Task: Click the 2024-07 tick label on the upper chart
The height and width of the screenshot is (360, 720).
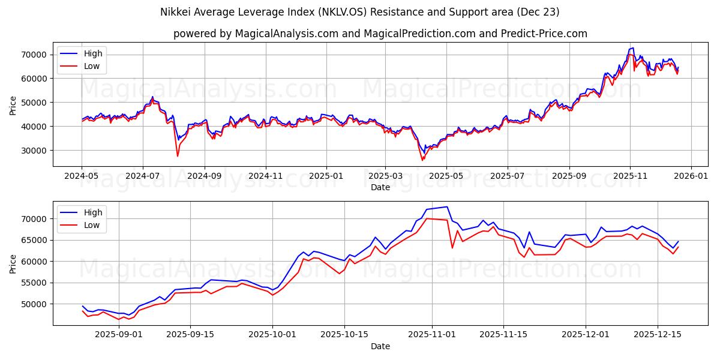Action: [143, 176]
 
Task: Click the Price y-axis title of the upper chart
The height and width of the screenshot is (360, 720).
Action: [13, 105]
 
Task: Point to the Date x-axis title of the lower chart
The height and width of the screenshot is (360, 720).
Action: [380, 346]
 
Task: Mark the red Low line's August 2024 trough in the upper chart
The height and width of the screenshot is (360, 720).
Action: [178, 156]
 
